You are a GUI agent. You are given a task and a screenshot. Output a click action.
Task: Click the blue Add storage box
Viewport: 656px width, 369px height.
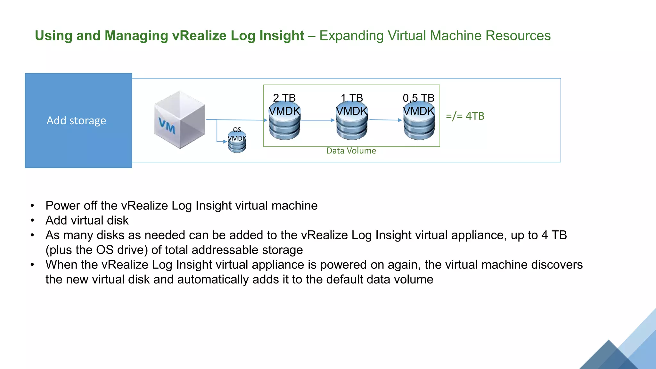[78, 120]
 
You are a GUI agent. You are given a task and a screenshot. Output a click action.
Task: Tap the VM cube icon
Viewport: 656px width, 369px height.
[179, 120]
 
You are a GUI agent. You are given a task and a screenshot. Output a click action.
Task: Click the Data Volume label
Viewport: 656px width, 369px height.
[351, 151]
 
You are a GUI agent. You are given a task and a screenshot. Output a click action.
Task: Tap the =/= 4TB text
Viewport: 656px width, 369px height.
[465, 116]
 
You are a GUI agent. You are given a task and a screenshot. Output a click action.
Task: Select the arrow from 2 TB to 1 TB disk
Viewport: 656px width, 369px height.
[318, 120]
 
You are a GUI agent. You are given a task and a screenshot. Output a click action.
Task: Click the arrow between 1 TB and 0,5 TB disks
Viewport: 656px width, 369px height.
[386, 120]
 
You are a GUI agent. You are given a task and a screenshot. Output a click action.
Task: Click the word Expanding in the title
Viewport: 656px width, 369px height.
[351, 36]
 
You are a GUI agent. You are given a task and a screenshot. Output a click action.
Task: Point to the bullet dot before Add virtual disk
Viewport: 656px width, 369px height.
[32, 220]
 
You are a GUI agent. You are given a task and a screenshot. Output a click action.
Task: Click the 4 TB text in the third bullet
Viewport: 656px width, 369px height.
[554, 235]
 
